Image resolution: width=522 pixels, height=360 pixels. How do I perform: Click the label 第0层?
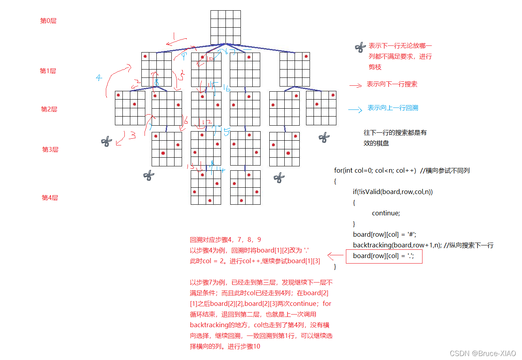(48, 21)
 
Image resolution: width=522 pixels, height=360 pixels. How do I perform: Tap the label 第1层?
(48, 71)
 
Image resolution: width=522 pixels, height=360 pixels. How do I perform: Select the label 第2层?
(49, 109)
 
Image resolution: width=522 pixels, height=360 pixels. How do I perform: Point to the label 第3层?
(50, 150)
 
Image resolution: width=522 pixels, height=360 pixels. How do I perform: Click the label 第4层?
(50, 198)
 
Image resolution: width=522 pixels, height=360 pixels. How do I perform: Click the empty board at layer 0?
(225, 27)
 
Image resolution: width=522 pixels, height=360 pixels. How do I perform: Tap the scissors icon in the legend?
(360, 48)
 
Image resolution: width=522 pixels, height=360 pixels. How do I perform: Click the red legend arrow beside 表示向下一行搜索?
(355, 85)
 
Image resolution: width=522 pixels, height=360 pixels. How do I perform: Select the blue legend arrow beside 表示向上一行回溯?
(355, 109)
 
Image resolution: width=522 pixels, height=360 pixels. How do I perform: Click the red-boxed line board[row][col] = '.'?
(384, 256)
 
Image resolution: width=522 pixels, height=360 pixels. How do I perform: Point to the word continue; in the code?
(386, 213)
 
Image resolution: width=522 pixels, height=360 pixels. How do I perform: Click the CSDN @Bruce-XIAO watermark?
(483, 353)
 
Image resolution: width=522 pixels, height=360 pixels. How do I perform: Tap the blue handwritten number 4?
(99, 77)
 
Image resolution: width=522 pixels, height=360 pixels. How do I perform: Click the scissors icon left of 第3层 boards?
(106, 141)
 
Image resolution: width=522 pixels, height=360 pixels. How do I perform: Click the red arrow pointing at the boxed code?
(336, 256)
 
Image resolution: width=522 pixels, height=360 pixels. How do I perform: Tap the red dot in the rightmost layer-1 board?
(306, 57)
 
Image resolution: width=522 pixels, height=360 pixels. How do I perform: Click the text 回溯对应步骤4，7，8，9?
(225, 240)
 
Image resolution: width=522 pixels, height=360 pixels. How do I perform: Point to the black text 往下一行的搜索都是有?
(395, 133)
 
